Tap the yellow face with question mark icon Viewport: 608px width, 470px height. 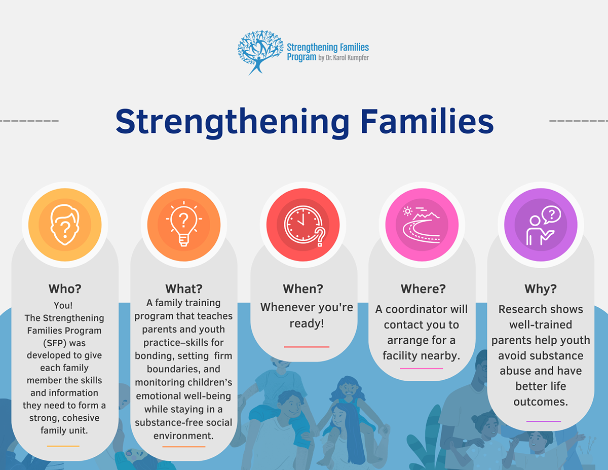65,225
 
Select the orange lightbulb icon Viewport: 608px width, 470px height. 183,225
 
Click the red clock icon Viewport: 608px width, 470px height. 303,225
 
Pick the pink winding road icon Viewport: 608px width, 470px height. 422,225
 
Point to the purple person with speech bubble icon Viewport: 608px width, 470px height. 541,225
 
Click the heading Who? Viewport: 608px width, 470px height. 65,288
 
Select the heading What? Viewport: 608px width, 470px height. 183,288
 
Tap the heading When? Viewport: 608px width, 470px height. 303,288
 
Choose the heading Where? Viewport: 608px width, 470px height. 423,288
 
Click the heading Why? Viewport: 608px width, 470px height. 541,288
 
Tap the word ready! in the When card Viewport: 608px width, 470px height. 307,323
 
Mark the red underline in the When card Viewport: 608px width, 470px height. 307,347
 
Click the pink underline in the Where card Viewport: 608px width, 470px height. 422,368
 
